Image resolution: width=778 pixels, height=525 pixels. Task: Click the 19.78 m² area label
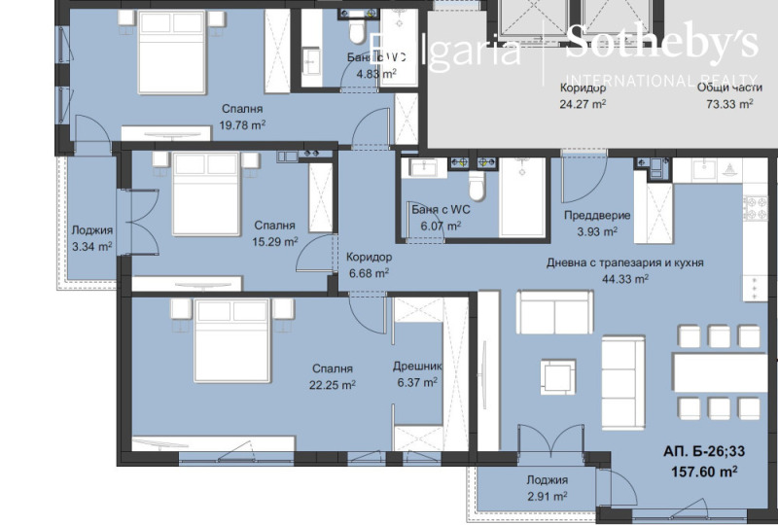[x=242, y=124]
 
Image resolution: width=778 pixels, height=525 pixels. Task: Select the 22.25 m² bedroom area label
[x=332, y=384]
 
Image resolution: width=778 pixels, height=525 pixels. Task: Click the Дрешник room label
[x=416, y=367]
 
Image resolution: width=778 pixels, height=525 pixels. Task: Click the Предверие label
[x=597, y=215]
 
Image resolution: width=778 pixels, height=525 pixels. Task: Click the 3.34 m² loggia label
[x=91, y=246]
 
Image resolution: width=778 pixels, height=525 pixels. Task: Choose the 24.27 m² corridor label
[x=583, y=102]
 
